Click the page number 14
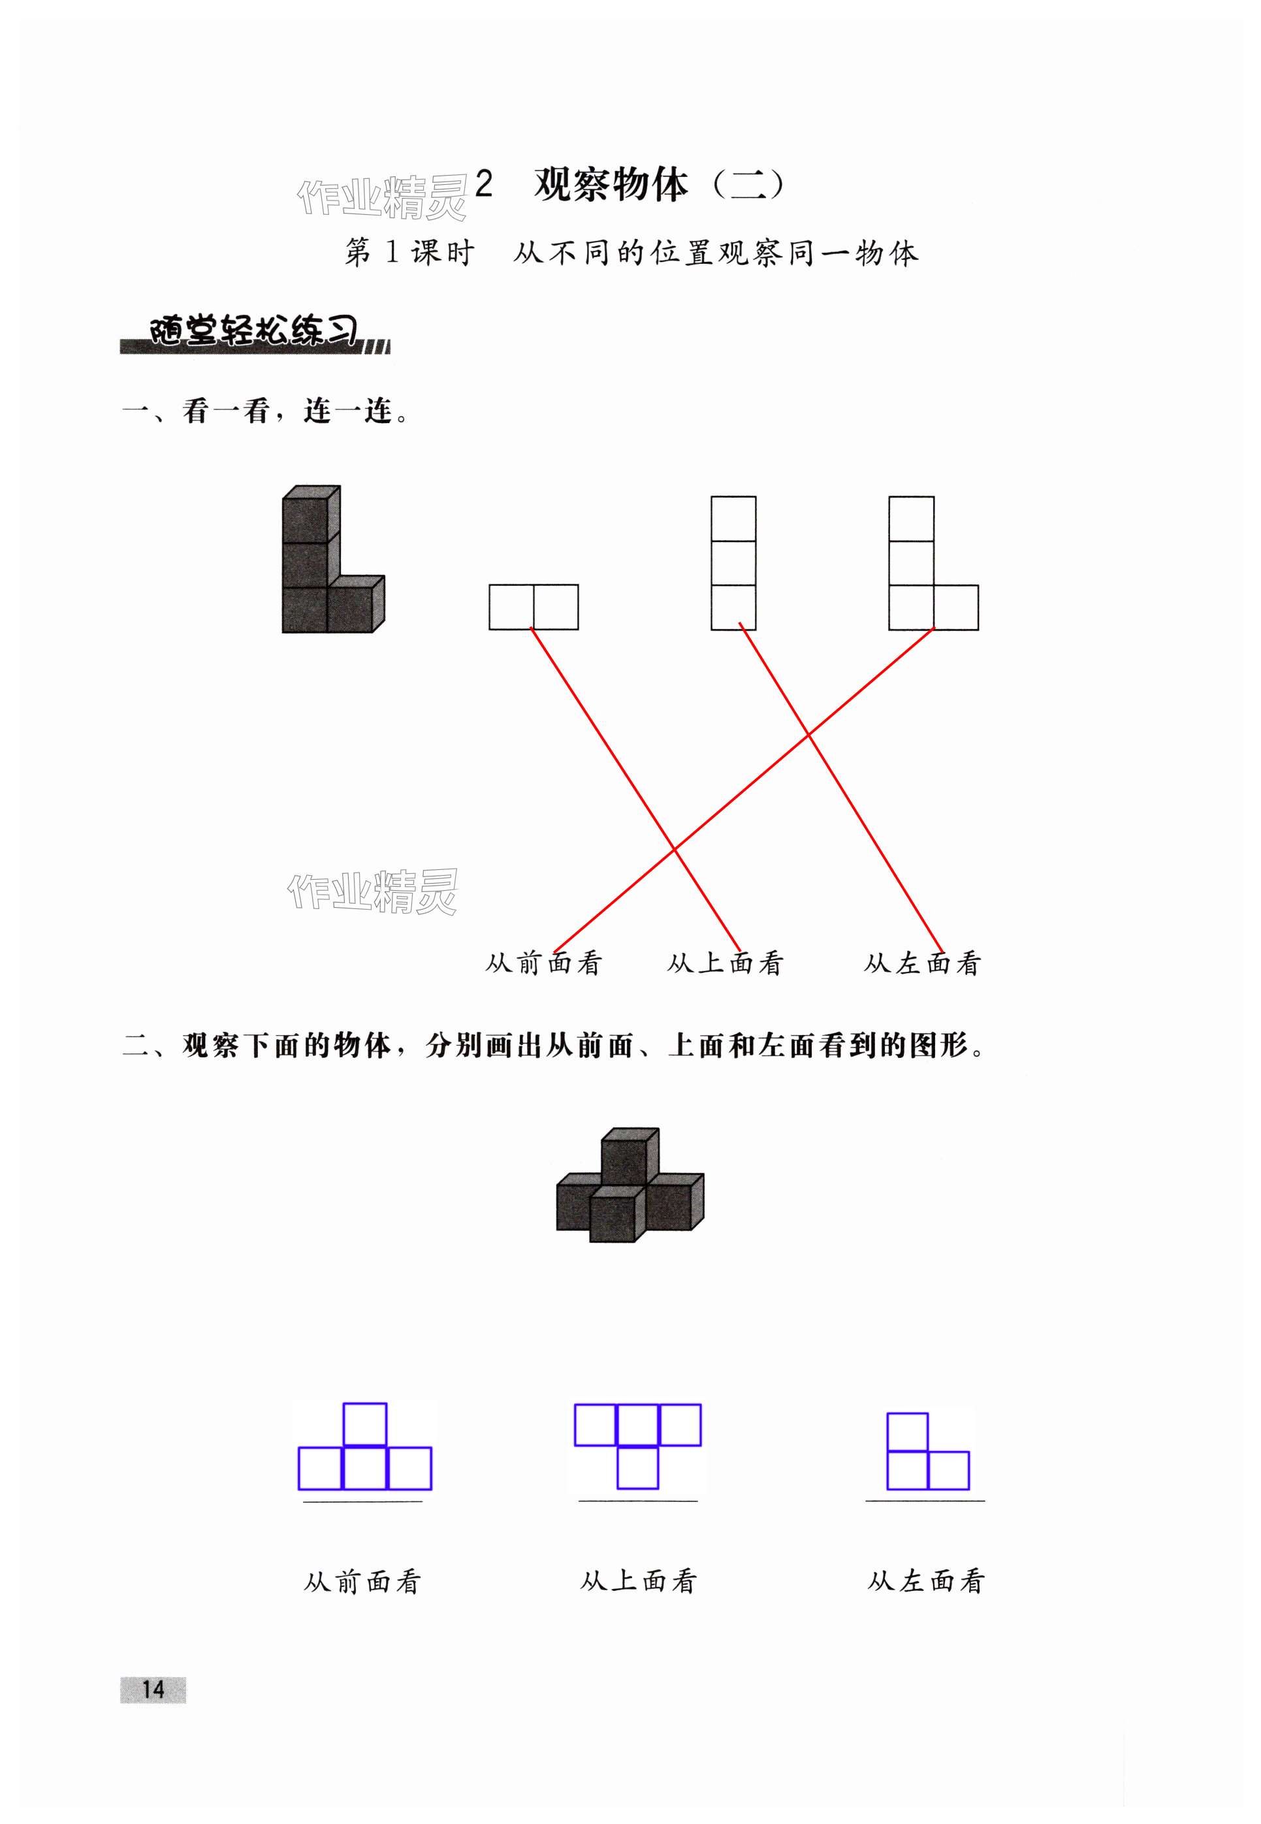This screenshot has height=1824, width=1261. [153, 1689]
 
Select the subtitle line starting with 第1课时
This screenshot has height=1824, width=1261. [631, 253]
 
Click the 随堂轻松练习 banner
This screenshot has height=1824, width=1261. [255, 332]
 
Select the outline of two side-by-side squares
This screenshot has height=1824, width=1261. [534, 607]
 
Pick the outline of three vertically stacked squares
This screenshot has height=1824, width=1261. [733, 562]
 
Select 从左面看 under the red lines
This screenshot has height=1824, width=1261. [922, 963]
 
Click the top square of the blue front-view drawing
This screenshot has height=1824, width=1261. [365, 1424]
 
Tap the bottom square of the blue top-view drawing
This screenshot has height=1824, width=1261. [637, 1467]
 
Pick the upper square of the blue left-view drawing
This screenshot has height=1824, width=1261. [907, 1432]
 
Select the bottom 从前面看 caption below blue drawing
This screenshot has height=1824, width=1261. [362, 1582]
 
